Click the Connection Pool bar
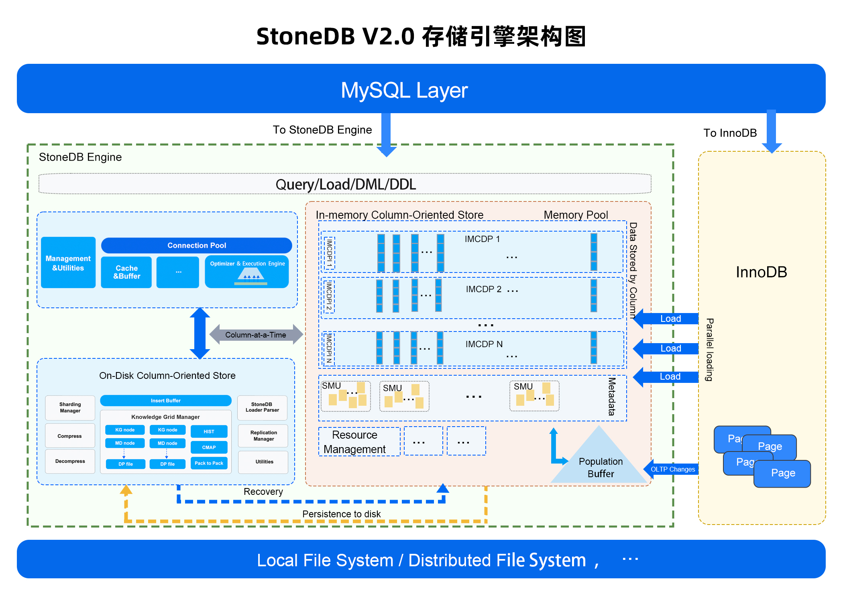point(196,245)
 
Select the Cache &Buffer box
point(126,272)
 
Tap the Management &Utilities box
point(68,263)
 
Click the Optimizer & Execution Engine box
point(247,272)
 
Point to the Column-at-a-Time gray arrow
point(256,335)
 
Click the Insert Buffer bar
point(165,401)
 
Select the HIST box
point(209,431)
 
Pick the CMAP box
point(209,447)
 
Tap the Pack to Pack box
point(209,463)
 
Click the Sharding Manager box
point(70,408)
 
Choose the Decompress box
point(70,461)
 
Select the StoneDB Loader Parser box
point(263,407)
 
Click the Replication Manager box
point(263,436)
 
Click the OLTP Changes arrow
point(672,469)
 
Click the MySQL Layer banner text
point(404,90)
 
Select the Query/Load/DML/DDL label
point(345,185)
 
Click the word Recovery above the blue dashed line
point(263,492)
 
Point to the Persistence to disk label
point(341,514)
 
